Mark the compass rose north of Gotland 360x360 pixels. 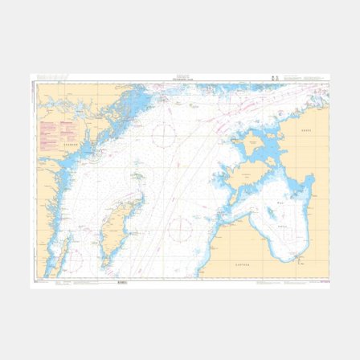[165, 136]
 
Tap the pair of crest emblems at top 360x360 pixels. [276, 78]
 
